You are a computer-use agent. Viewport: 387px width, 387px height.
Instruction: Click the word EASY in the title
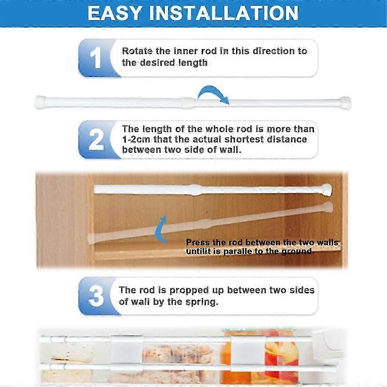(115, 13)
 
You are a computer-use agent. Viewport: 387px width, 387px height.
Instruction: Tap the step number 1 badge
(95, 58)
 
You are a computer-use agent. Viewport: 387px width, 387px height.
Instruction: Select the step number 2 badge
(96, 140)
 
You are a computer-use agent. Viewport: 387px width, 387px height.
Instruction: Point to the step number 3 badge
(96, 296)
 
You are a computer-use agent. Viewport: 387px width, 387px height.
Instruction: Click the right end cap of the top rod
(345, 102)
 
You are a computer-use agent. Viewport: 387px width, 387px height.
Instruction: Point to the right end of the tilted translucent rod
(328, 207)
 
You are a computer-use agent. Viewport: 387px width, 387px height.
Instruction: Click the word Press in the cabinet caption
(198, 243)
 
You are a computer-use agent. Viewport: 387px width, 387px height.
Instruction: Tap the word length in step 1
(192, 63)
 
